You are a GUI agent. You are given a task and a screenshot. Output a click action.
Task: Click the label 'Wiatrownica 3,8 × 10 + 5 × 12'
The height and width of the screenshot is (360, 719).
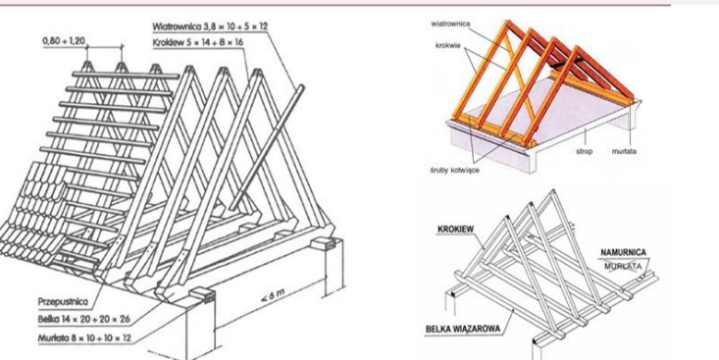point(210,26)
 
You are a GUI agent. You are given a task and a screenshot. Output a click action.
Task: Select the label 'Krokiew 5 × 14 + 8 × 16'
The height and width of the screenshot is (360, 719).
point(198,42)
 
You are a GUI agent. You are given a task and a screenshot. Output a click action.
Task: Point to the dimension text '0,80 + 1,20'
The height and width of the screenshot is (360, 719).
point(64,41)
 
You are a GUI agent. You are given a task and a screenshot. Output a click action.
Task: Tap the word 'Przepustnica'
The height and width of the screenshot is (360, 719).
point(63,302)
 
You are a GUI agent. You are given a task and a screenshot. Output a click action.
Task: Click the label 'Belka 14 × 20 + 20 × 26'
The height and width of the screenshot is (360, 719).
point(84,320)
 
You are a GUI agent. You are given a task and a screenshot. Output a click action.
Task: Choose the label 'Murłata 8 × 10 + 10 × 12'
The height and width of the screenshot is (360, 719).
point(84,338)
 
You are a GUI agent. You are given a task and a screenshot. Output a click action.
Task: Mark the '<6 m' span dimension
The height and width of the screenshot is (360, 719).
point(273,296)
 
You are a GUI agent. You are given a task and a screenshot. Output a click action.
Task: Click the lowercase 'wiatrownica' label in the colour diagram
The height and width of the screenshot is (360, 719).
point(450,24)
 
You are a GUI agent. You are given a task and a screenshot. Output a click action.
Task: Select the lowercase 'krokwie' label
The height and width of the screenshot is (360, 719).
point(447,45)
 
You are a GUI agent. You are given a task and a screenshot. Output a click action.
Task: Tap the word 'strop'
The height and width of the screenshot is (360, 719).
point(584,151)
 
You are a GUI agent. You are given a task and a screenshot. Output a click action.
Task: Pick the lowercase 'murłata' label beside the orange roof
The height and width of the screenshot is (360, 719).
point(624,151)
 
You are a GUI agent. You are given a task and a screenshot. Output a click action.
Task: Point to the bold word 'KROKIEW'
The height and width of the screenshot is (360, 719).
point(456,229)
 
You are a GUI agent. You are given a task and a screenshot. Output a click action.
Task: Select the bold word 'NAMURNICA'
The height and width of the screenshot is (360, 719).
point(623,253)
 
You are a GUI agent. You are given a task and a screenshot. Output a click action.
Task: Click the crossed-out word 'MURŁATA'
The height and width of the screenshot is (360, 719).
point(623,266)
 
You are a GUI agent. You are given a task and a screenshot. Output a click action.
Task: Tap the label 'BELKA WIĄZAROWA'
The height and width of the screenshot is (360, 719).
point(463,329)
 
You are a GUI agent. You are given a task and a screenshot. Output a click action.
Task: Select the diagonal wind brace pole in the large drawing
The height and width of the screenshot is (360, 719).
point(267,147)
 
